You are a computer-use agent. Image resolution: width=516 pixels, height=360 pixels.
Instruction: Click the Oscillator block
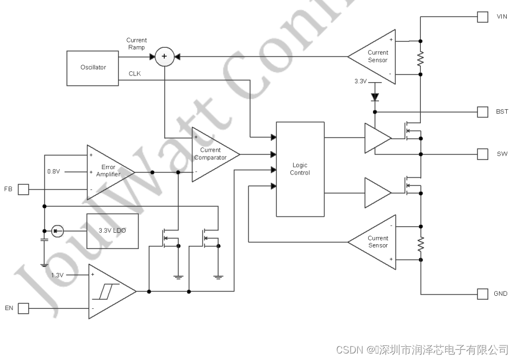[x=93, y=68]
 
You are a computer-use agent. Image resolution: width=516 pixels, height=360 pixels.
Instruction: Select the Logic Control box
[x=300, y=169]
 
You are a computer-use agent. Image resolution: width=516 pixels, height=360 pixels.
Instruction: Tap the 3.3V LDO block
[x=113, y=231]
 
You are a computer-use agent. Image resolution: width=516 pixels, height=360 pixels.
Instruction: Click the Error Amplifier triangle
[x=108, y=172]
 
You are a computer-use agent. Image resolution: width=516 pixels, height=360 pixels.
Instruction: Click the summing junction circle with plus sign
[x=165, y=57]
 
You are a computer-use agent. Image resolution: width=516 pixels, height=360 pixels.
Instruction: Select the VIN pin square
[x=482, y=17]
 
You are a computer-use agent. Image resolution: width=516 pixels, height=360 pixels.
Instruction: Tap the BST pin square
[x=482, y=112]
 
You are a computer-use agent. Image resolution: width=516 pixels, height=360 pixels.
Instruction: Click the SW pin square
[x=482, y=154]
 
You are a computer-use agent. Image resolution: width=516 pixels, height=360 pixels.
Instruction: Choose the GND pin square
[x=482, y=294]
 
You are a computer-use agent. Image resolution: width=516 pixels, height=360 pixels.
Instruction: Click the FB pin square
[x=23, y=189]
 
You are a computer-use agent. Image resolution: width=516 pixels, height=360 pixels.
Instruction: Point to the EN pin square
[x=23, y=308]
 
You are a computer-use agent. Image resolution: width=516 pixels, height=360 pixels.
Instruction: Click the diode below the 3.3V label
[x=375, y=97]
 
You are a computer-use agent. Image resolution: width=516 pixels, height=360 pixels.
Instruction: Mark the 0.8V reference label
[x=53, y=171]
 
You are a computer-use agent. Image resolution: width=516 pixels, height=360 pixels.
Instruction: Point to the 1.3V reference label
[x=58, y=275]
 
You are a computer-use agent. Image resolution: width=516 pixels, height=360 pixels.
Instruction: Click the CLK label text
[x=134, y=73]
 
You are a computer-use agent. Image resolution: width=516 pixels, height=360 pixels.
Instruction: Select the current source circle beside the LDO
[x=57, y=231]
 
